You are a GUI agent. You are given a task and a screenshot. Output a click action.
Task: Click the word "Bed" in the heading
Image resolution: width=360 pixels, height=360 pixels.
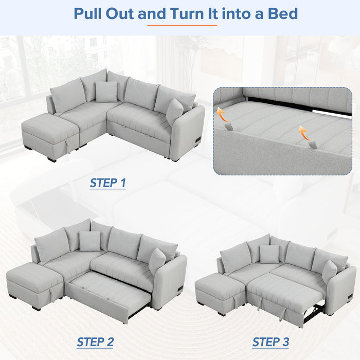pos(282,13)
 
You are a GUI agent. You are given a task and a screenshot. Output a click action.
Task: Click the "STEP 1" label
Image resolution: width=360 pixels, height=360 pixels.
pos(107,183)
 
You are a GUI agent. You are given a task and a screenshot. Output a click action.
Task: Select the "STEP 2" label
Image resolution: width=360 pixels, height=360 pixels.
pos(95,341)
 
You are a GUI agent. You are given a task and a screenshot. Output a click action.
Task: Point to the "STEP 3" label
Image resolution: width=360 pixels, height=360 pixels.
pos(271,341)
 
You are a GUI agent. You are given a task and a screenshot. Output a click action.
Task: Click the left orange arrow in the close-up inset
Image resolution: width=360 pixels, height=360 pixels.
pos(223,114)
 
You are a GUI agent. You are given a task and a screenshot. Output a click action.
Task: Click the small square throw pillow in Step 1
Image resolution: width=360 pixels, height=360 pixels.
pos(106,92)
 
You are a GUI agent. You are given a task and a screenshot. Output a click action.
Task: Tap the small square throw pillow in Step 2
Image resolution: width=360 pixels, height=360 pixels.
pos(89,241)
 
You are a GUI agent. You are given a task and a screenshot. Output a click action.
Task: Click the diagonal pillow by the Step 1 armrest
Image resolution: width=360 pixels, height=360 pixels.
pos(174,111)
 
